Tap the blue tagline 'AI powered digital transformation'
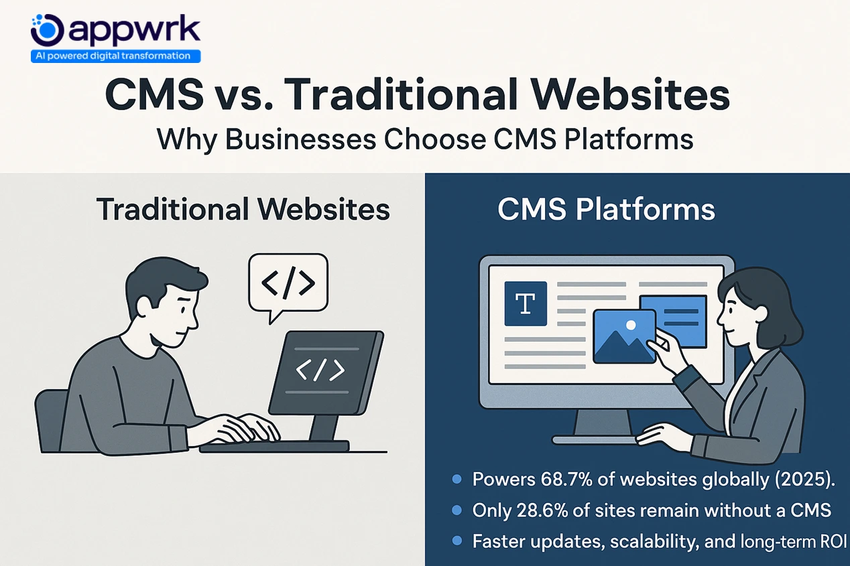click(x=115, y=56)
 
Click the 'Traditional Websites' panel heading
click(x=243, y=209)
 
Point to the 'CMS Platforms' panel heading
click(x=606, y=209)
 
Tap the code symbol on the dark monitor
click(x=320, y=369)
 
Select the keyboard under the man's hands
click(x=275, y=445)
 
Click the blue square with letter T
click(x=526, y=303)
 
